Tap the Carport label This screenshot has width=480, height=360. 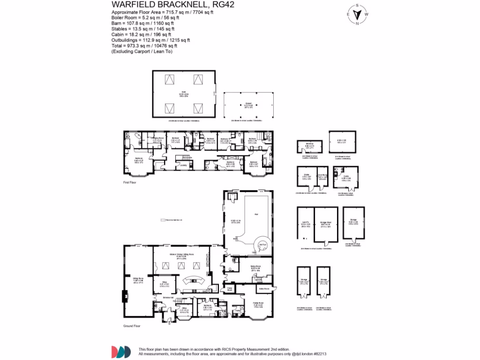click(248, 105)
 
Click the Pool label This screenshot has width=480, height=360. click(256, 214)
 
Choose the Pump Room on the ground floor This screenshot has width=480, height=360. click(230, 290)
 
